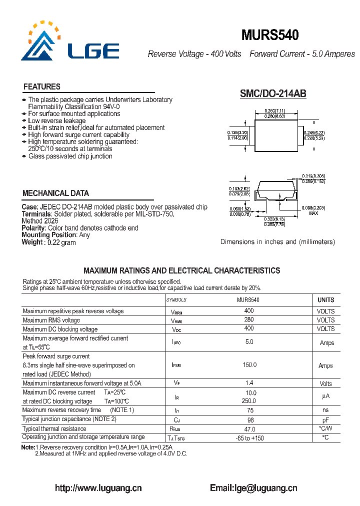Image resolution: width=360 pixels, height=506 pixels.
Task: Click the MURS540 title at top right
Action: point(270,35)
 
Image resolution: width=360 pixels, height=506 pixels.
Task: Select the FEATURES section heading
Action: point(42,86)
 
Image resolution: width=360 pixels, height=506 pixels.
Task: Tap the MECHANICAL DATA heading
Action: point(56,193)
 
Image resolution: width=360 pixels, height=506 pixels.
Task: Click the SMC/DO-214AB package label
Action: point(273,93)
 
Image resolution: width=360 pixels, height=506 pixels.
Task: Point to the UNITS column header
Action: point(325,300)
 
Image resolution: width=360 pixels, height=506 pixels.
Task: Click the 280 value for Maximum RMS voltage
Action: point(248,320)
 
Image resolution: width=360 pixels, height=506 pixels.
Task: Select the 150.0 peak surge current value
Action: point(249,365)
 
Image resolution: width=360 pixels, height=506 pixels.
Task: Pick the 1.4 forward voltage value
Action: point(249,383)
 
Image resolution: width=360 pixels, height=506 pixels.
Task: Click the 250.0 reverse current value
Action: point(249,401)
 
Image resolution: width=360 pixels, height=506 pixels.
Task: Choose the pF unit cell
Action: point(325,419)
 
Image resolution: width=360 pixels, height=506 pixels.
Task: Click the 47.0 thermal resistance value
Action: point(249,429)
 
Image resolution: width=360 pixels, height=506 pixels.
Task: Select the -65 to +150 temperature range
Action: point(249,438)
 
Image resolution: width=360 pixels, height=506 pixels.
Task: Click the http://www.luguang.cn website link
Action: point(98,488)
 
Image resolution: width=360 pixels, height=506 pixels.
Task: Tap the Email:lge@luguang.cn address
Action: point(253,488)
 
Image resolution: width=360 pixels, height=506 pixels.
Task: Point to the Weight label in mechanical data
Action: point(32,242)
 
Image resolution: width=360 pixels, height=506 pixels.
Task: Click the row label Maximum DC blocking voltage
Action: point(60,329)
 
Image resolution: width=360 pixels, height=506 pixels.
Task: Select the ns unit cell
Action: point(325,410)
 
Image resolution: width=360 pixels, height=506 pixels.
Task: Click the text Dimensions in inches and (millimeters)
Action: point(277,242)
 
